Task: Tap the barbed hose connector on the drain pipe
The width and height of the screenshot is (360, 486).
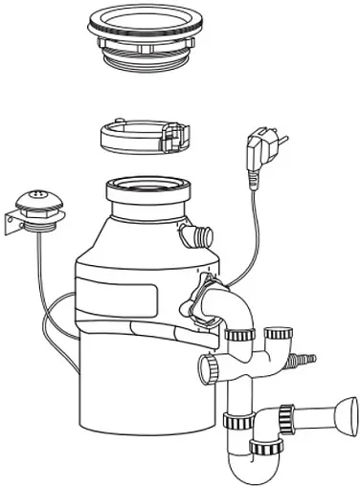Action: click(x=306, y=360)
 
